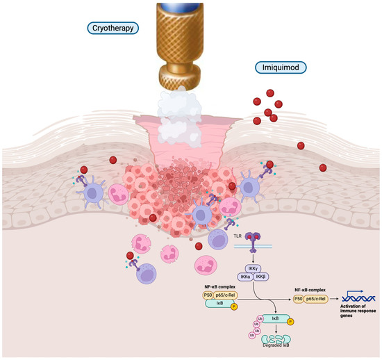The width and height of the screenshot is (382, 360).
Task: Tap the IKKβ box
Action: pos(260,277)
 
